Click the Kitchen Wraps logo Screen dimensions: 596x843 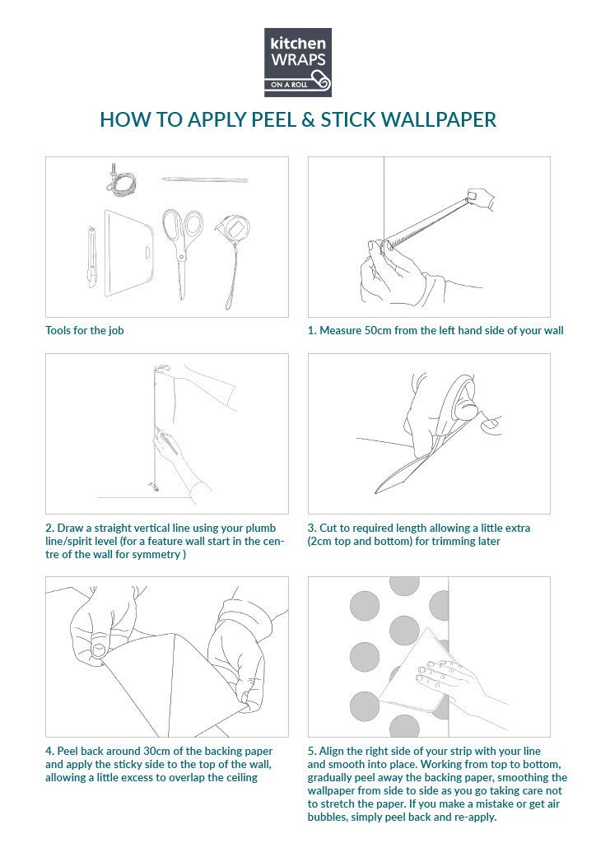coord(298,63)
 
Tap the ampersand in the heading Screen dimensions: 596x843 coord(308,120)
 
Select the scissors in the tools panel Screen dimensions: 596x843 coord(182,253)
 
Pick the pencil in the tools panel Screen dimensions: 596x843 coord(205,179)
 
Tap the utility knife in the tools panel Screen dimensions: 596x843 coord(92,257)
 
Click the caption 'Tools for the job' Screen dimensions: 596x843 coord(84,330)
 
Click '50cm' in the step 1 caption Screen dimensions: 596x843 coord(378,330)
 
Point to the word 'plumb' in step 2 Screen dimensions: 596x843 coord(261,529)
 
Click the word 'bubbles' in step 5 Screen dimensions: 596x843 coord(327,817)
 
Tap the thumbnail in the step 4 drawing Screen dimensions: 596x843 coord(98,651)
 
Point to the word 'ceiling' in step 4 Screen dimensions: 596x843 coord(240,778)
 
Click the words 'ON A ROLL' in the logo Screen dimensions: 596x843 coord(289,85)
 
